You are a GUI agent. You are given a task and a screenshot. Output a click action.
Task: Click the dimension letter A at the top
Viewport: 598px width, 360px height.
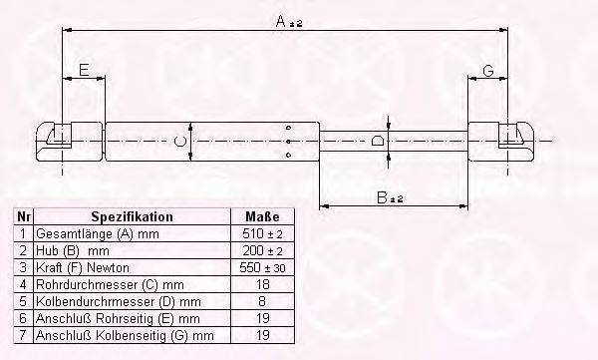point(280,21)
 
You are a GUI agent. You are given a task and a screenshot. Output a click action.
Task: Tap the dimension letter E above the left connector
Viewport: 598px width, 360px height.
point(84,70)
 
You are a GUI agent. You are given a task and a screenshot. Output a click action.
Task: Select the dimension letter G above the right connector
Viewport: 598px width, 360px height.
point(488,71)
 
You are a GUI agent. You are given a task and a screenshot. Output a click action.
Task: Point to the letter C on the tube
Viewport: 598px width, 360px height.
point(180,142)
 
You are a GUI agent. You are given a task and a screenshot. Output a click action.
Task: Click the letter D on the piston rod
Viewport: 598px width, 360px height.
point(377,140)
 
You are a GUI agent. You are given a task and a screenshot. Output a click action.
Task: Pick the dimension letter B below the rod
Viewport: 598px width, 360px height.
point(382,197)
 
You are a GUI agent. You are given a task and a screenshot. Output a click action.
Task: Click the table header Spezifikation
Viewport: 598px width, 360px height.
point(132,216)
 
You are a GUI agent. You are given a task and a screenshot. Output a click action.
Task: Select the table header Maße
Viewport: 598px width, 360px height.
point(262,216)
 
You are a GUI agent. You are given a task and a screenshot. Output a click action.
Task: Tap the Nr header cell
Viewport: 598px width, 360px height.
point(23,216)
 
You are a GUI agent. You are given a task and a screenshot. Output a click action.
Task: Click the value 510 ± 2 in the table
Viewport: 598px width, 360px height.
point(262,233)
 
